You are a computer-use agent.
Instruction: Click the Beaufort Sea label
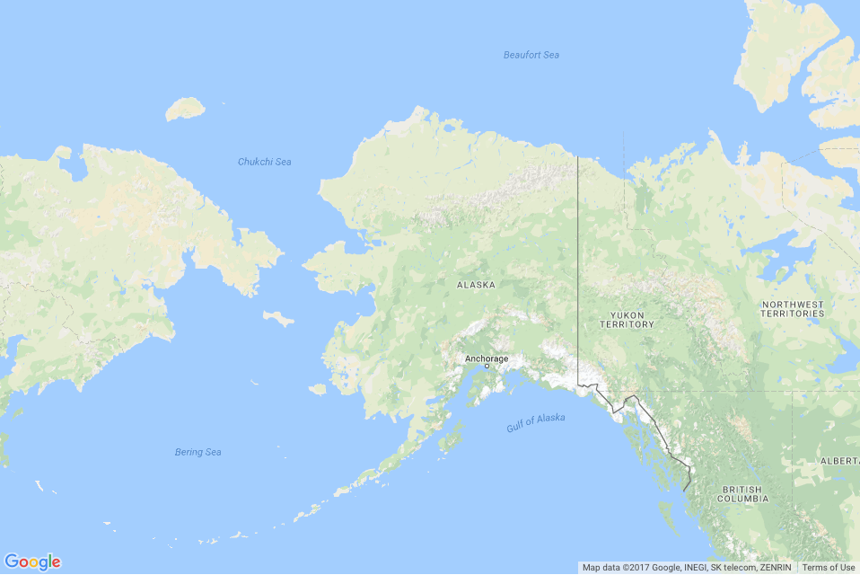(531, 56)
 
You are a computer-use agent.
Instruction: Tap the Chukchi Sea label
(264, 162)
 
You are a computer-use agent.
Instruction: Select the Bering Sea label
(197, 452)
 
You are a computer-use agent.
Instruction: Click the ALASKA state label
(476, 285)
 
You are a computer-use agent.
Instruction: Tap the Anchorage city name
(486, 358)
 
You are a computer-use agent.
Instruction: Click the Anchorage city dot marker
(487, 367)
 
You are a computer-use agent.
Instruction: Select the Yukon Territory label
(627, 319)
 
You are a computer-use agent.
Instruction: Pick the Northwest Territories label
(792, 309)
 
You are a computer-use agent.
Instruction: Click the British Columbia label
(742, 493)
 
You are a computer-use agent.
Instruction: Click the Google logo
(32, 562)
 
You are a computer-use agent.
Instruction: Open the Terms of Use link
(828, 568)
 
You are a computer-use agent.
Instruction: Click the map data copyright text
(687, 568)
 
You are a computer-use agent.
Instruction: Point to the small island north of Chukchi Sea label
(185, 110)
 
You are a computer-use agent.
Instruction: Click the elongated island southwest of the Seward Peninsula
(278, 318)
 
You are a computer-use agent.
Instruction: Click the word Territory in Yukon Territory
(627, 324)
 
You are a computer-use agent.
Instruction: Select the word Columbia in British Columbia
(742, 498)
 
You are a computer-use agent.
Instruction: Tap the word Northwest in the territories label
(792, 305)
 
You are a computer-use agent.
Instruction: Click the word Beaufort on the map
(520, 56)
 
